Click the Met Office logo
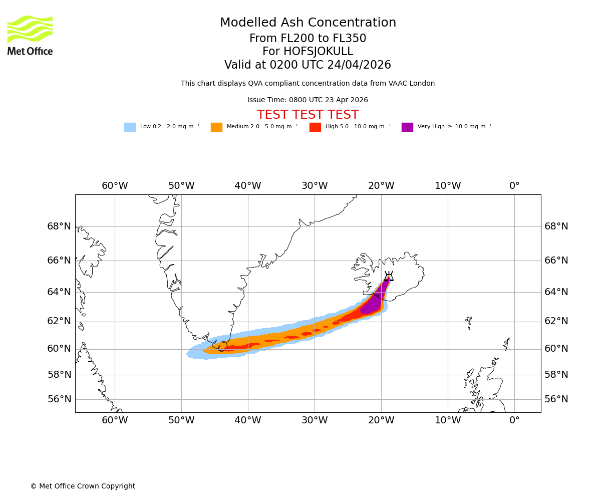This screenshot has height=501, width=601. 30,35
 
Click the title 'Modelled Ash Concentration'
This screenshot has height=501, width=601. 308,23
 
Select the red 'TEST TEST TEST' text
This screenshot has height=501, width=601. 308,115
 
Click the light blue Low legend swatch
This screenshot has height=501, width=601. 130,127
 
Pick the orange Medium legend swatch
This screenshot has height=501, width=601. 216,127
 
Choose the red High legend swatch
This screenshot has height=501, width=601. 315,127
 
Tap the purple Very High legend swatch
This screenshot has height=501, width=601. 407,127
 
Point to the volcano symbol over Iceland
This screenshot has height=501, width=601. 388,276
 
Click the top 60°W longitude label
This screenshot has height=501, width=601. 115,186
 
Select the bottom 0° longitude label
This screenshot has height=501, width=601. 514,420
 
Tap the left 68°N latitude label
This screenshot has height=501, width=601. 59,226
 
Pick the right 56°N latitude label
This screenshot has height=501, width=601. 556,399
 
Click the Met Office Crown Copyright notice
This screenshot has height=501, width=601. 83,486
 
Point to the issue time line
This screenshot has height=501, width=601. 308,100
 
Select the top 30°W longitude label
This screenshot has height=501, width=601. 315,186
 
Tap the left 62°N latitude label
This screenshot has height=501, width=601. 59,321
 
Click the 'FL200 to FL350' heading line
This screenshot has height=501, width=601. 308,39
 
